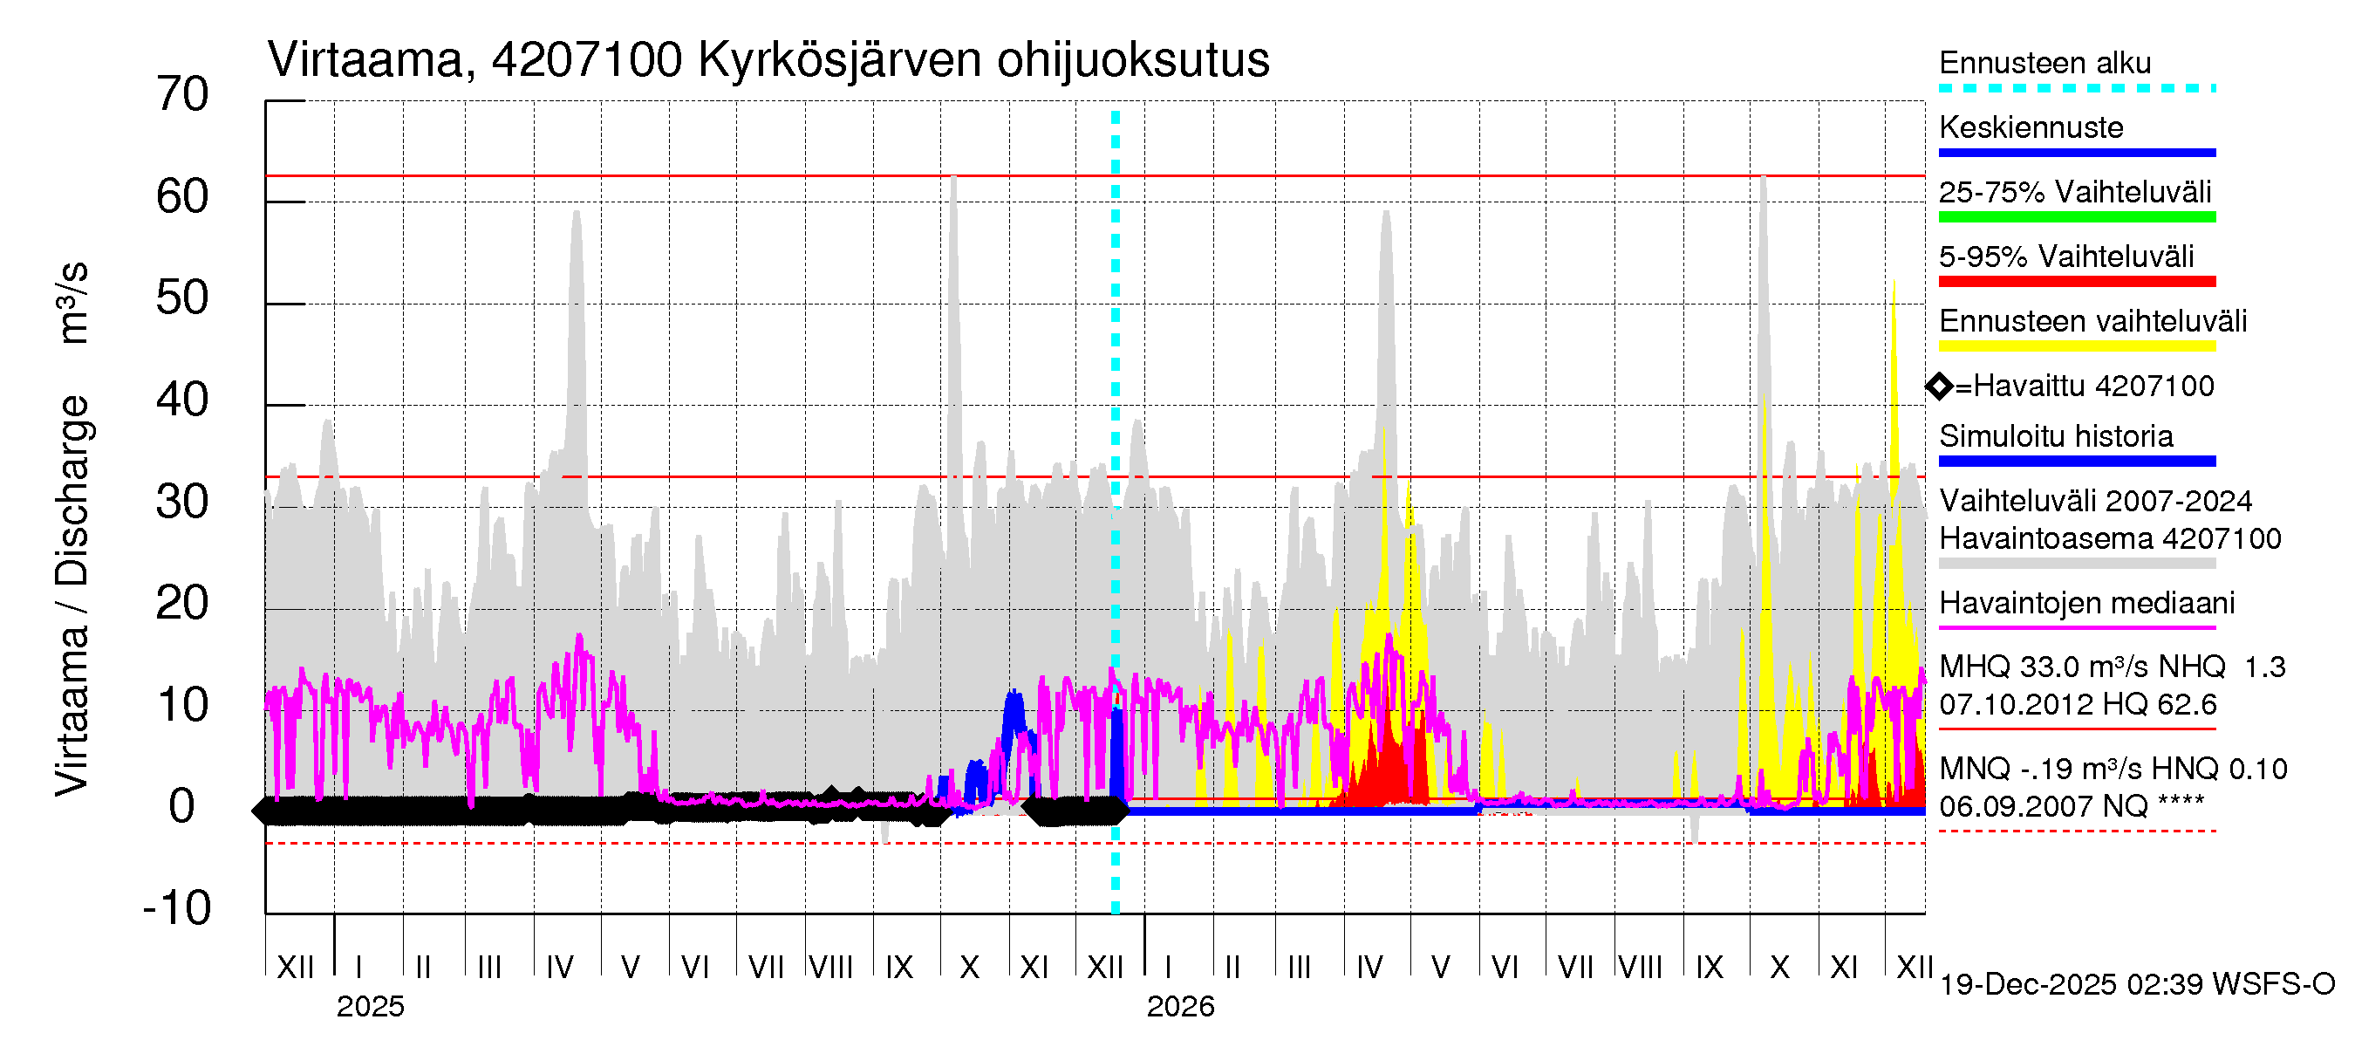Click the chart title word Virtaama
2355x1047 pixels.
pyautogui.click(x=365, y=60)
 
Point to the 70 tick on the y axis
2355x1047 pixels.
pyautogui.click(x=182, y=95)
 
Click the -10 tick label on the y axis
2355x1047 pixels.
pyautogui.click(x=177, y=908)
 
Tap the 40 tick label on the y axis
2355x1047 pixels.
pyautogui.click(x=182, y=400)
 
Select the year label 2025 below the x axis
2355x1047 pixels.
pyautogui.click(x=370, y=1007)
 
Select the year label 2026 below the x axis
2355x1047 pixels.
pyautogui.click(x=1180, y=1007)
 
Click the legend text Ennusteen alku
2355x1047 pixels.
pyautogui.click(x=2044, y=63)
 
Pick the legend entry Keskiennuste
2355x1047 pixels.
pyautogui.click(x=2031, y=127)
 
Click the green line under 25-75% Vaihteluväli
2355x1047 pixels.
pyautogui.click(x=2076, y=216)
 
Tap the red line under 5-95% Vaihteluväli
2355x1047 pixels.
pyautogui.click(x=2076, y=282)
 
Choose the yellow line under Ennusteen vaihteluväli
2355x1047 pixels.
pyautogui.click(x=2076, y=346)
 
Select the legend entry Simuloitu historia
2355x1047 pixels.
pyautogui.click(x=2055, y=436)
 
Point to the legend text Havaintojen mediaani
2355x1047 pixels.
pyautogui.click(x=2086, y=604)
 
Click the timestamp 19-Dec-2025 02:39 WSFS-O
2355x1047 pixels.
pyautogui.click(x=2136, y=985)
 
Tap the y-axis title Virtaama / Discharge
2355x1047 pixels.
pyautogui.click(x=72, y=594)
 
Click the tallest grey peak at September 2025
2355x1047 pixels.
pyautogui.click(x=953, y=183)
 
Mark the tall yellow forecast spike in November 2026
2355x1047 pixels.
pyautogui.click(x=1894, y=292)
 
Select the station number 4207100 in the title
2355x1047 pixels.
pyautogui.click(x=587, y=60)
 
